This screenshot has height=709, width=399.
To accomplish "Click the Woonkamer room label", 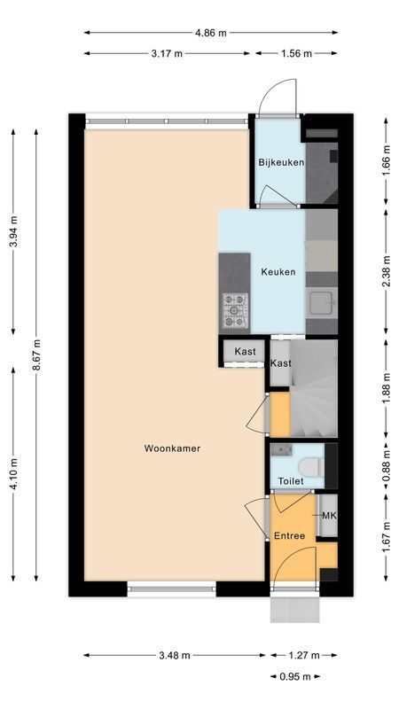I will pyautogui.click(x=172, y=448).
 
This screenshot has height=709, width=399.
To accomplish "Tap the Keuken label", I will pyautogui.click(x=278, y=272).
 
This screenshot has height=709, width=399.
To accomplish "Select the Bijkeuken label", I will pyautogui.click(x=281, y=162).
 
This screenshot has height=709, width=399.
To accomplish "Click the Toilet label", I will pyautogui.click(x=290, y=481).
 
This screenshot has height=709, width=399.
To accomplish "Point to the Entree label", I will pyautogui.click(x=289, y=536).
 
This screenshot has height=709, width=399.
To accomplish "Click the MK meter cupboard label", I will pyautogui.click(x=328, y=517).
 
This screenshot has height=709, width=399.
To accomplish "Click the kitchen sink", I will pyautogui.click(x=320, y=302).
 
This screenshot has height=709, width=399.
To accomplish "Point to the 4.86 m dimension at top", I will pyautogui.click(x=210, y=33).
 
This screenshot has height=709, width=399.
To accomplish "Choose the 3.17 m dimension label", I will pyautogui.click(x=167, y=53).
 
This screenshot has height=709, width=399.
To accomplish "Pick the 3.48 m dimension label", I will pyautogui.click(x=174, y=656).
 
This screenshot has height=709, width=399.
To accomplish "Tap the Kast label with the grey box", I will pyautogui.click(x=246, y=352).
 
